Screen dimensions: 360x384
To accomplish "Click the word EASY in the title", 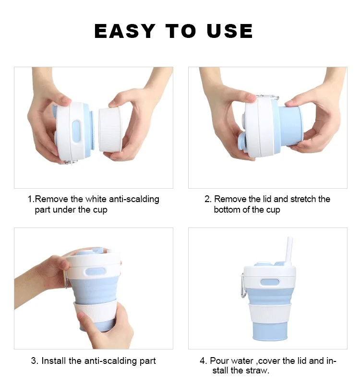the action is (125, 31).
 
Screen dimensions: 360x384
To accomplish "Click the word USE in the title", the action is (229, 31).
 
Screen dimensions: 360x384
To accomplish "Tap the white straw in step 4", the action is (289, 251).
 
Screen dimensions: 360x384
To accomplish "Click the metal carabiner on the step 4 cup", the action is (243, 285).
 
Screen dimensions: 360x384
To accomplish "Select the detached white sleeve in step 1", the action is (110, 130).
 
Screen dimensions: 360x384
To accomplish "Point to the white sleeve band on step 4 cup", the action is (270, 313).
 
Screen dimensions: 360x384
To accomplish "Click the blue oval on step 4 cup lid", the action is (270, 282).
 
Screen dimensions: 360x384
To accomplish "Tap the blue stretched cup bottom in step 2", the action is (291, 126).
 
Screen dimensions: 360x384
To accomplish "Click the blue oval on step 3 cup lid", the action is (96, 271).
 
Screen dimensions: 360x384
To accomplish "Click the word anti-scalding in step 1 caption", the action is (134, 199).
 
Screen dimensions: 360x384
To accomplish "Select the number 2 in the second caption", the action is (207, 199).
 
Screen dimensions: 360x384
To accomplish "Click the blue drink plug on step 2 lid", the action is (242, 142).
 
